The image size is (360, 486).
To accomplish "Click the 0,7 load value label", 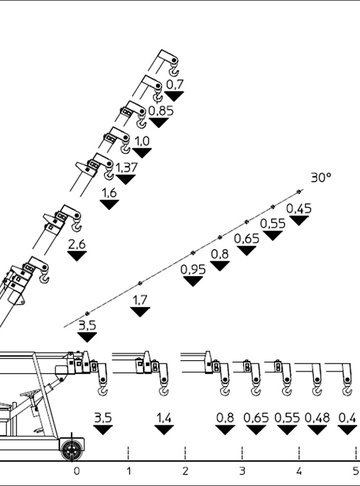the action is [175, 85].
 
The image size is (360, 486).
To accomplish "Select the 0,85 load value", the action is [161, 111].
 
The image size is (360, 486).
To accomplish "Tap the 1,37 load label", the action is [126, 168].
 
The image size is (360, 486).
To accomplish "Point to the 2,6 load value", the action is [77, 244].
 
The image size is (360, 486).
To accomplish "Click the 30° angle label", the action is [321, 177].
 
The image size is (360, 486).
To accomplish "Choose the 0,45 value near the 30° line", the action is [299, 209].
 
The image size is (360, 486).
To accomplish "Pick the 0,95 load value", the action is [193, 269].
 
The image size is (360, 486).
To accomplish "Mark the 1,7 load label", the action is [140, 300].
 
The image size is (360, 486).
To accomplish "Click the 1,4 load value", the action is [164, 418].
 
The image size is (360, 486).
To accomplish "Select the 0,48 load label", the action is [317, 418].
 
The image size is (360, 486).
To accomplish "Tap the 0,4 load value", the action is [347, 418].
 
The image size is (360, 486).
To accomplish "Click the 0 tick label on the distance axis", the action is [77, 471].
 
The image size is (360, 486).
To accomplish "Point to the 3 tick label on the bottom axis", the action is [242, 471].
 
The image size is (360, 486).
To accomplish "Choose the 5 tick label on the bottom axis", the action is [356, 471].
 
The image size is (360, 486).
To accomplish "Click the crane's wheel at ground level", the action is [71, 450].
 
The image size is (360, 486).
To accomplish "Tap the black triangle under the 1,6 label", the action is [109, 204].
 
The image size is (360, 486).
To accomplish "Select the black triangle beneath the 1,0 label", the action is [142, 153].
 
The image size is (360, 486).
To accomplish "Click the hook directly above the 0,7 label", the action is [174, 71].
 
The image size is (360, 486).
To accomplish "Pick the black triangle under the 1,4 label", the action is [164, 430].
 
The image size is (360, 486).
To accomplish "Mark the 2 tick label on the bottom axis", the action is [185, 471].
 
